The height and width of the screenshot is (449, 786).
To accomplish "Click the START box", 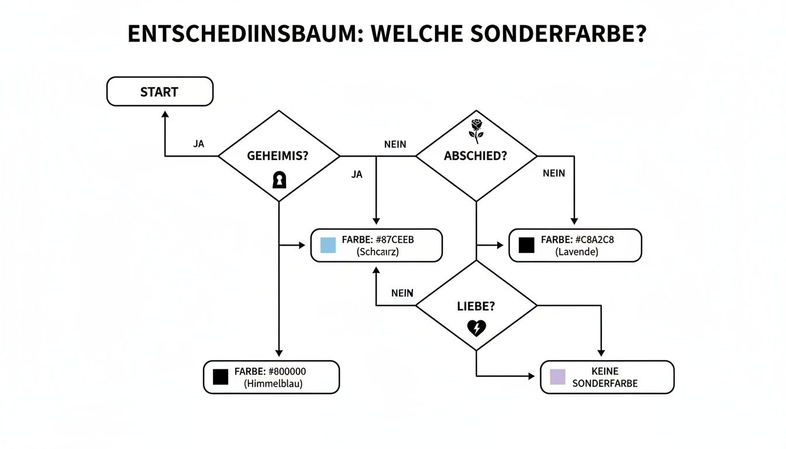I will coord(160,92).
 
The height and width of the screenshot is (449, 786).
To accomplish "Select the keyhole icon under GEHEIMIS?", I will coord(280,180).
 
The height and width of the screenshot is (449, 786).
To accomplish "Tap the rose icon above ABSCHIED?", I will coord(477,131).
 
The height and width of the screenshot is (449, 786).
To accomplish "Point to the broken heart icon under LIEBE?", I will coord(477,328).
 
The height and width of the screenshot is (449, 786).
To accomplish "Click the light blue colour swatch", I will coord(327,245).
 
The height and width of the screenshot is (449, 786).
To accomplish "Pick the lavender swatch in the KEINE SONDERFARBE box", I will coord(558,377).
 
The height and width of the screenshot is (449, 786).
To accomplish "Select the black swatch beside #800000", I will coord(220,377).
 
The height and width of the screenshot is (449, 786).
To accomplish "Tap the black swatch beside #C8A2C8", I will coord(526,245).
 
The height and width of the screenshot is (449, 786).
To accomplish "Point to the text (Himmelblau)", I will coord(270,384).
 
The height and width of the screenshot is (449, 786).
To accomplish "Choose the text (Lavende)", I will coord(577,252).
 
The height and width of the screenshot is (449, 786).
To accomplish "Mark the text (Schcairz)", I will coord(377,252).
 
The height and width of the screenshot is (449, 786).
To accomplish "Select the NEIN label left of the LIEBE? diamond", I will coord(402,293).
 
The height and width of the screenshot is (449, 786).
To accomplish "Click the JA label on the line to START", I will coord(199,144).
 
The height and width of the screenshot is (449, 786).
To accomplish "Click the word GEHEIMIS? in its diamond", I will coord(279,156).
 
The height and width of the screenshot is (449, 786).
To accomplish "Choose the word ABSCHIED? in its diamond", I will coord(475,156).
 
